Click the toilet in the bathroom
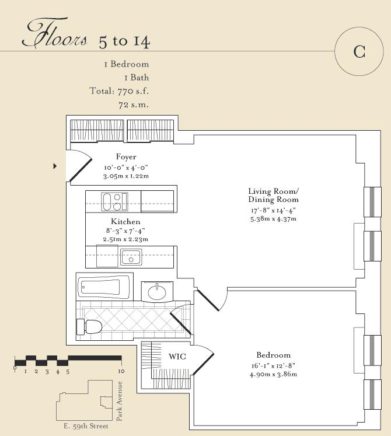pyautogui.click(x=89, y=327)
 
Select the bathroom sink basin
pyautogui.click(x=157, y=292)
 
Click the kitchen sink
pyautogui.click(x=131, y=257)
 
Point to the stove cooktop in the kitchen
pyautogui.click(x=114, y=201)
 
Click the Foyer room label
pyautogui.click(x=126, y=157)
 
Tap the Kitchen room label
pyautogui.click(x=125, y=222)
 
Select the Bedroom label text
pyautogui.click(x=273, y=355)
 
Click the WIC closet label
pyautogui.click(x=177, y=357)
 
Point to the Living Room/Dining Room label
pyautogui.click(x=273, y=196)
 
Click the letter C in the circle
pyautogui.click(x=359, y=51)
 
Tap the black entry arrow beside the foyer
pyautogui.click(x=55, y=166)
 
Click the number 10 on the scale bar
pyautogui.click(x=121, y=371)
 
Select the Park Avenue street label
pyautogui.click(x=119, y=401)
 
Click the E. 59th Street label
pyautogui.click(x=86, y=426)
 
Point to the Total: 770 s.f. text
pyautogui.click(x=119, y=91)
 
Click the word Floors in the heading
pyautogui.click(x=55, y=33)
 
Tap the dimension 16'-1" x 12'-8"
pyautogui.click(x=273, y=365)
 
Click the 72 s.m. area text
pyautogui.click(x=134, y=105)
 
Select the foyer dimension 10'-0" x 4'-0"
pyautogui.click(x=126, y=168)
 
